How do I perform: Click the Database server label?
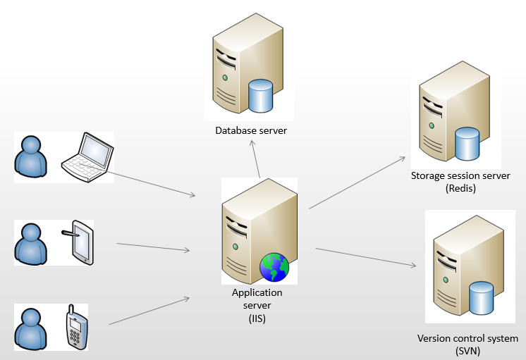pos(251,130)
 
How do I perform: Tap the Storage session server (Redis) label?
pos(460,182)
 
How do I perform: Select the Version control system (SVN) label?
pos(467,345)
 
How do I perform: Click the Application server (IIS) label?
pos(257,305)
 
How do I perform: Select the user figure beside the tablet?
pos(32,242)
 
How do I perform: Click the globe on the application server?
pos(274,267)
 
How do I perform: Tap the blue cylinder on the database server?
pos(261,96)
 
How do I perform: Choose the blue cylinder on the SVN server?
pos(481,297)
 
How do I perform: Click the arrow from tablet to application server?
pos(154,247)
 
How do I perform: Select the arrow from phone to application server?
pos(149,311)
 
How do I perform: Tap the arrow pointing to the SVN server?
pos(365,257)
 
